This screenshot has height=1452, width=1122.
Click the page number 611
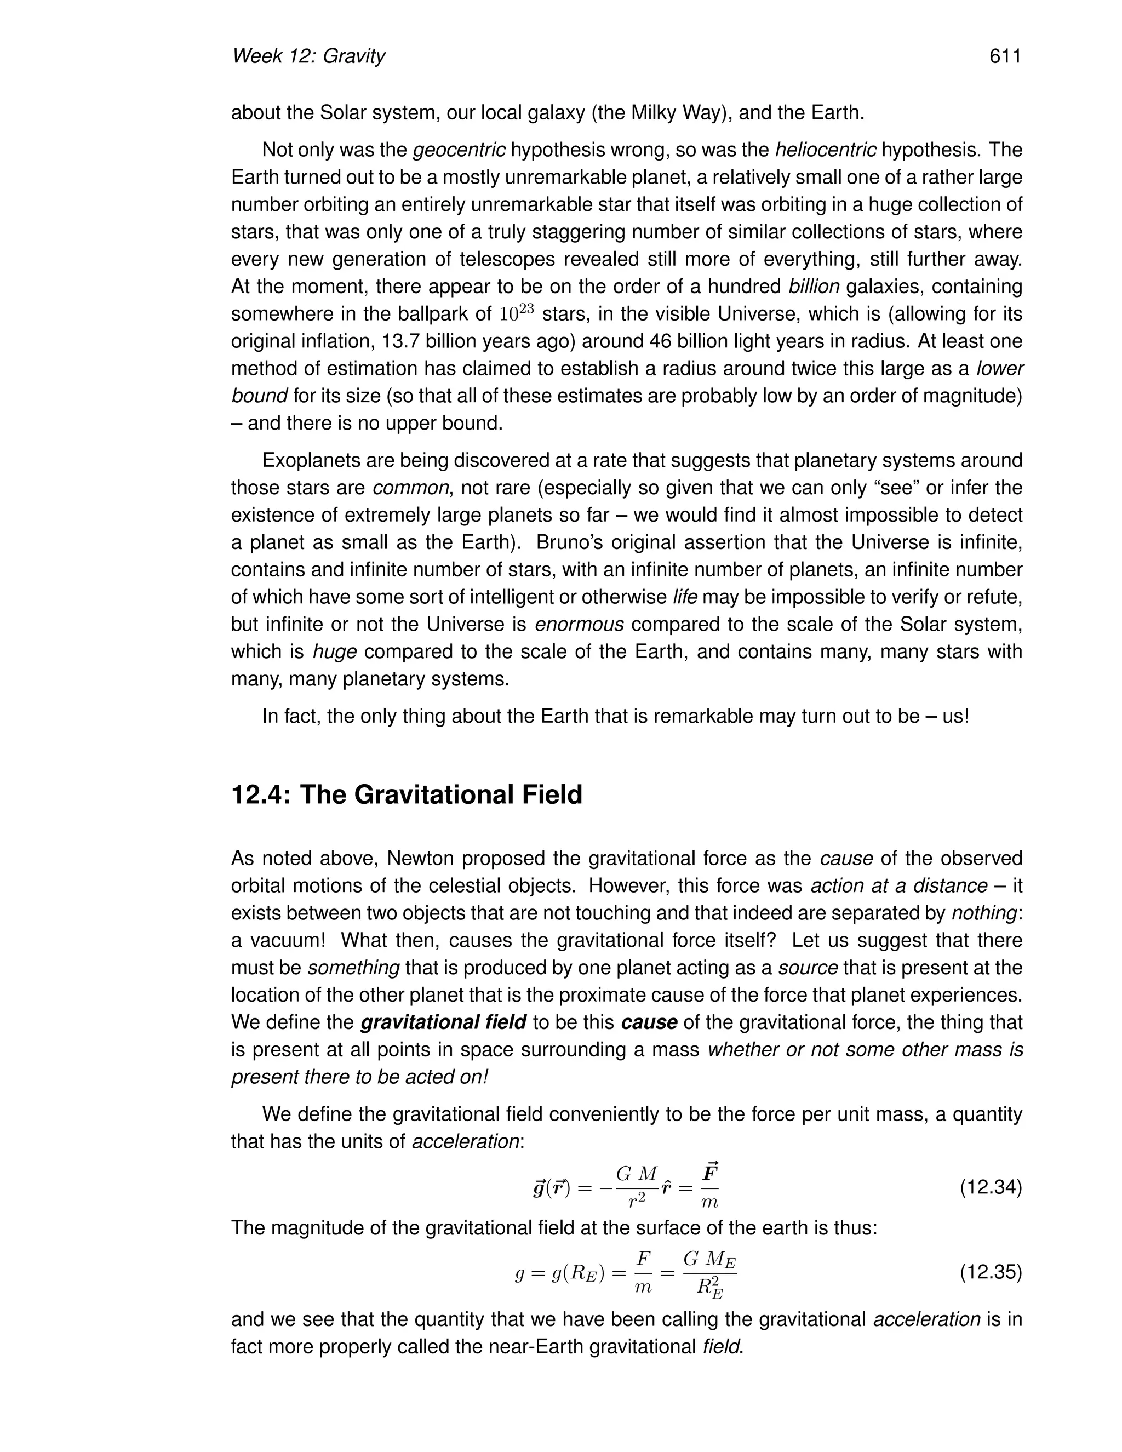click(1004, 56)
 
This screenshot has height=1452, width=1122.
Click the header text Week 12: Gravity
click(308, 56)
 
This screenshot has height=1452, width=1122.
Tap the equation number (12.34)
click(991, 1187)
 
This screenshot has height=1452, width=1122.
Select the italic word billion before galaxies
click(814, 287)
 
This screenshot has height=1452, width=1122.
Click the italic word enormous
click(579, 624)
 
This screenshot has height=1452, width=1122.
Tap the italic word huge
click(334, 651)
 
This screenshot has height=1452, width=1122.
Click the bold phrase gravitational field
click(443, 1022)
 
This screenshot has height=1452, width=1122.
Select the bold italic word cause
click(649, 1022)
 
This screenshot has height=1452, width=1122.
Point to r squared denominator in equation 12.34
click(636, 1201)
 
